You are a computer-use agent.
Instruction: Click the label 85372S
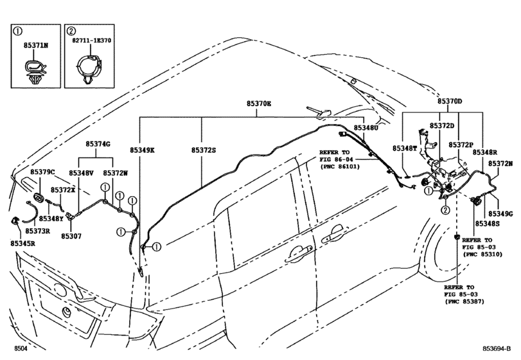(203, 150)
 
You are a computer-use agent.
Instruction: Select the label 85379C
(42, 172)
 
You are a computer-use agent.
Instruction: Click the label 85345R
(22, 244)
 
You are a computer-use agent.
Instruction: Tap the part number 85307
(71, 236)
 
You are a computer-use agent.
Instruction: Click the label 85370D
(450, 102)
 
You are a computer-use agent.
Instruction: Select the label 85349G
(500, 213)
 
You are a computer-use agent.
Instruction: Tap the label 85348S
(488, 222)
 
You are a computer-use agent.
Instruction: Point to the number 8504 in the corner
(21, 348)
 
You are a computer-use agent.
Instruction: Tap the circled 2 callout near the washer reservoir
(444, 210)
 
